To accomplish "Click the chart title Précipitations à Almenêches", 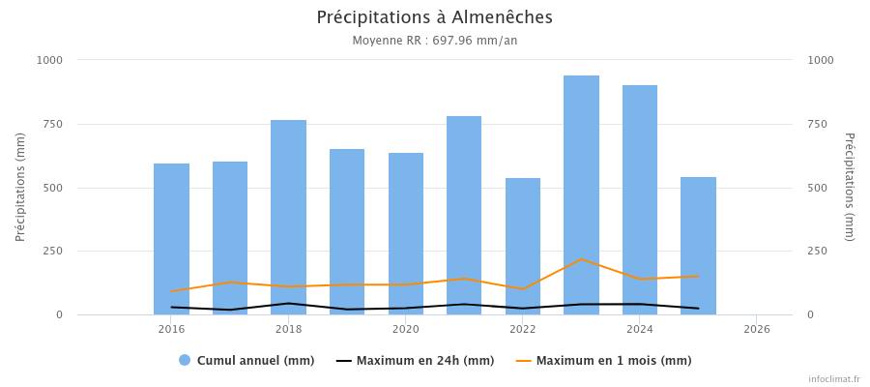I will click(435, 17).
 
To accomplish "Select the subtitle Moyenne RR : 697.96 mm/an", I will click(435, 41).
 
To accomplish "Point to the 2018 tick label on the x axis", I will click(289, 329).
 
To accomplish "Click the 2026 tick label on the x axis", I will click(757, 329).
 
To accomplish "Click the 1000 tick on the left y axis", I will click(48, 60).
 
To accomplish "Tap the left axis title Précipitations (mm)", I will click(20, 187).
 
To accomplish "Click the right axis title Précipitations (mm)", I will click(849, 187).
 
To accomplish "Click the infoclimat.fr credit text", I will click(834, 379).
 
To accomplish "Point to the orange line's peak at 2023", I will click(581, 259).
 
